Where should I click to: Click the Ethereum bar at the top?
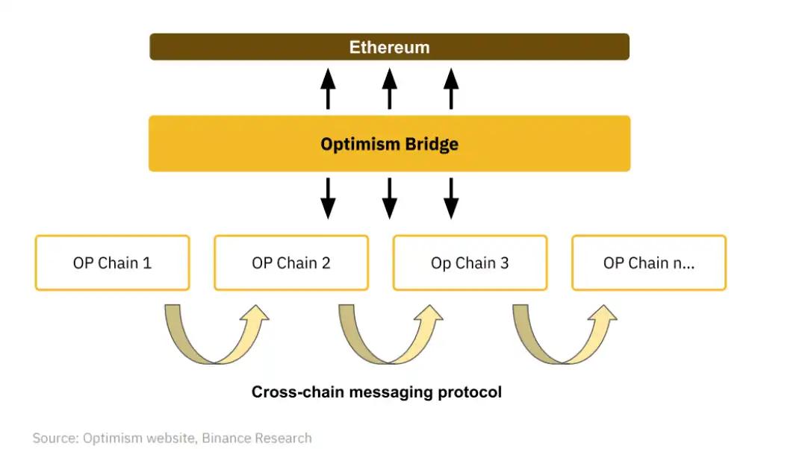389,47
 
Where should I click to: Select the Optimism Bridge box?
389,143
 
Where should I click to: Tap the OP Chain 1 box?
112,263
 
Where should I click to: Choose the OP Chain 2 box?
290,263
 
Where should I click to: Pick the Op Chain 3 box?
470,263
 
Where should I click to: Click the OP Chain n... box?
648,263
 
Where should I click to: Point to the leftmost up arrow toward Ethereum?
328,87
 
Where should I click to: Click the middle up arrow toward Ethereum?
389,87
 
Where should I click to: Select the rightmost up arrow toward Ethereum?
450,87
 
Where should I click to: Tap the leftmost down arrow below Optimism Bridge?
328,198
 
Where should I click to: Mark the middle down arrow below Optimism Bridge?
389,198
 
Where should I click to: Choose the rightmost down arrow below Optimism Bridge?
450,198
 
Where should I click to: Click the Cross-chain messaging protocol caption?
376,392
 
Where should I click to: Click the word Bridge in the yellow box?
429,144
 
